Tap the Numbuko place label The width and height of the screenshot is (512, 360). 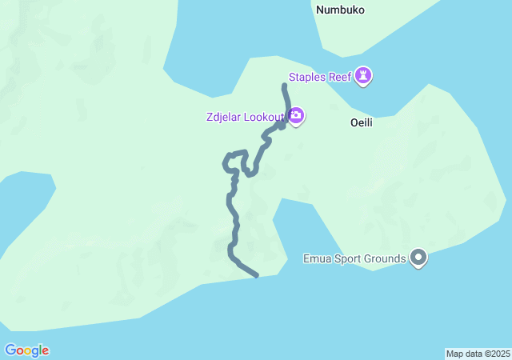point(340,10)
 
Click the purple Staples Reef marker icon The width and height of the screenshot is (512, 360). point(364,76)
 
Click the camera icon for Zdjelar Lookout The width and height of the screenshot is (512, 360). point(296,117)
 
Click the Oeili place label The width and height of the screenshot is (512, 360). point(362,123)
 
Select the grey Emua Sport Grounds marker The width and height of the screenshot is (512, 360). point(418,258)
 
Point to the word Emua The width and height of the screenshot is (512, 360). point(318,258)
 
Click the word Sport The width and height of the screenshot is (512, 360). point(349,258)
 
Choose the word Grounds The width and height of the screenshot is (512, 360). point(386,258)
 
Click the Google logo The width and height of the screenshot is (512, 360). point(26,350)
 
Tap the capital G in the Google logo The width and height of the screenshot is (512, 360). point(10,350)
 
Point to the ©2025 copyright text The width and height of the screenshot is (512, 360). point(497,354)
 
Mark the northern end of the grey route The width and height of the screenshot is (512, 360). point(285,85)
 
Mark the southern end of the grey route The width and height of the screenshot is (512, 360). point(256,276)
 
